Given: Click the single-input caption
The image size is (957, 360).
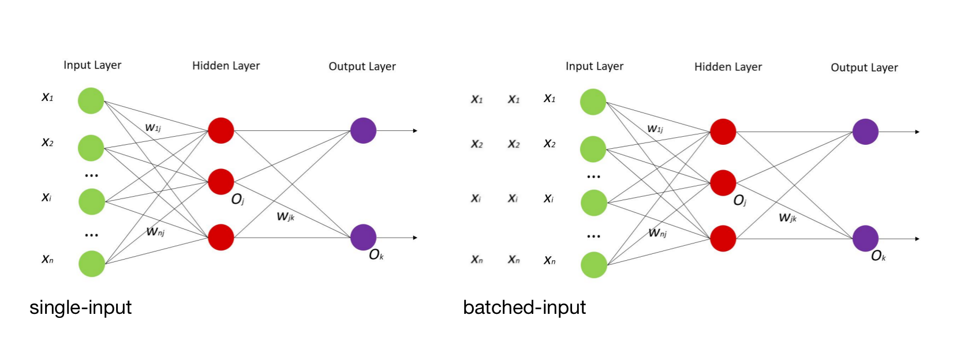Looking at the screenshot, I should click(x=80, y=307).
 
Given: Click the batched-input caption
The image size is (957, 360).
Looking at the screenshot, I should click(x=524, y=307).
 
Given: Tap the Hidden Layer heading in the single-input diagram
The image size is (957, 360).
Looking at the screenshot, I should click(x=226, y=66).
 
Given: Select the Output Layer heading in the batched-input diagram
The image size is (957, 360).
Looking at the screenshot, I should click(x=864, y=67).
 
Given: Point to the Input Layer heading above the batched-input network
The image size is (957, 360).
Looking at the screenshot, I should click(x=595, y=66).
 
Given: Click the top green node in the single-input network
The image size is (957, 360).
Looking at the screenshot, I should click(x=91, y=101).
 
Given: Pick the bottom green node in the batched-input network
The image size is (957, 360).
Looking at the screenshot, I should click(x=593, y=265).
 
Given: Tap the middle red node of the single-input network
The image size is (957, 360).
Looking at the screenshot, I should click(x=220, y=182).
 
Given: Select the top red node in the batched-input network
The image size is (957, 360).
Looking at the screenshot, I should click(x=723, y=132).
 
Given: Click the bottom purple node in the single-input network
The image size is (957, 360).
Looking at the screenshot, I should click(x=363, y=237).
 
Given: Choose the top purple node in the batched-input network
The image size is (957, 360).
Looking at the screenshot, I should click(x=865, y=132).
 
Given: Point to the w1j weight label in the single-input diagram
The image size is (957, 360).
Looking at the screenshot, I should click(x=153, y=127).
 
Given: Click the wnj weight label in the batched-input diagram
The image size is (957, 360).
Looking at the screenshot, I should click(x=657, y=232).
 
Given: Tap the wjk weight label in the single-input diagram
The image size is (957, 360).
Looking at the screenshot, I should click(x=286, y=216).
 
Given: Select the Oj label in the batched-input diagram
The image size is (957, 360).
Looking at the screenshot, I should click(x=739, y=201).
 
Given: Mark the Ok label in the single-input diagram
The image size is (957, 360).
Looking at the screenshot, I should click(x=376, y=255).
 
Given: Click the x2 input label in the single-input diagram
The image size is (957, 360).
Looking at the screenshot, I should click(x=47, y=142).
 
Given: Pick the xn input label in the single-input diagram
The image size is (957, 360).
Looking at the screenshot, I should click(x=47, y=260).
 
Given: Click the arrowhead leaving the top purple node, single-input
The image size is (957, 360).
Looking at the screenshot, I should click(x=415, y=131).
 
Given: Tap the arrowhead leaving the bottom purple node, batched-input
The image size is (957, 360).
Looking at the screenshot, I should click(x=917, y=239).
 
